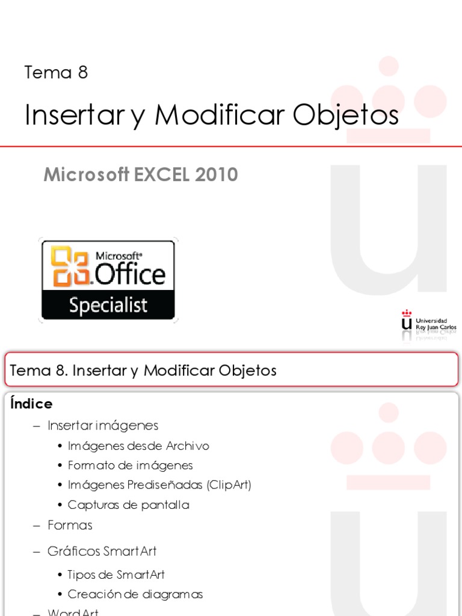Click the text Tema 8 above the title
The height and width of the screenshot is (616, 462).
click(56, 73)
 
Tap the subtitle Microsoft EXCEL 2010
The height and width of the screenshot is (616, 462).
click(141, 175)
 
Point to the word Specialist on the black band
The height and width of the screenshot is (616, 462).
click(108, 305)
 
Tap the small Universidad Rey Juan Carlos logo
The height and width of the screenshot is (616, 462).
click(428, 323)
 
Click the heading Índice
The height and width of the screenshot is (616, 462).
click(31, 404)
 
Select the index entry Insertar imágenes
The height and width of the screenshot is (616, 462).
click(103, 426)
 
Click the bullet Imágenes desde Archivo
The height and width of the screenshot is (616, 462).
click(138, 446)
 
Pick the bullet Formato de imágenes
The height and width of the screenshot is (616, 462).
click(130, 466)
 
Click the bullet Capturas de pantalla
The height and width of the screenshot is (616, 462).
click(128, 505)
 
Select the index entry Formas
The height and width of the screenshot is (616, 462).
click(70, 525)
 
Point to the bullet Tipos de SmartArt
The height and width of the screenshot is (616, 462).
click(116, 574)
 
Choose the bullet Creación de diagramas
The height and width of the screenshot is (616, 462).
click(135, 594)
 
